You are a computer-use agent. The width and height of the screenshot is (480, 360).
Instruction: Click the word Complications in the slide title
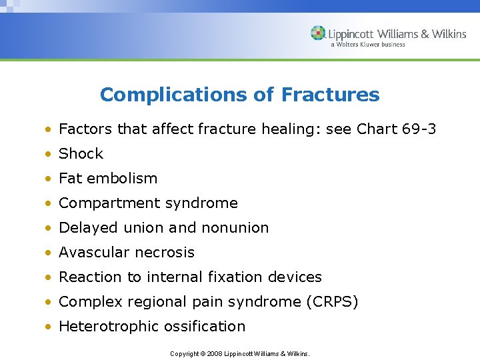174,95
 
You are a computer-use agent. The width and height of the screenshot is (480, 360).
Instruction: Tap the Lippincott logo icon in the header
318,33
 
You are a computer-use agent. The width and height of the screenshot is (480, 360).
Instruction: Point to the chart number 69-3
419,129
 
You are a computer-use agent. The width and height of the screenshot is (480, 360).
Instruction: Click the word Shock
81,153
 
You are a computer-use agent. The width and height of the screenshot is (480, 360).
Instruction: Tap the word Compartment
109,203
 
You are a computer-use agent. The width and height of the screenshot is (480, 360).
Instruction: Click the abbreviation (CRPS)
332,301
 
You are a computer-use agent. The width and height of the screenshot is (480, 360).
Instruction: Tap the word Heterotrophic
109,326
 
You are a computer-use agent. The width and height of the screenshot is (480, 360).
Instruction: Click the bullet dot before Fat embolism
49,179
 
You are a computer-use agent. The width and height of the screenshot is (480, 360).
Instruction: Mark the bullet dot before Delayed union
49,228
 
